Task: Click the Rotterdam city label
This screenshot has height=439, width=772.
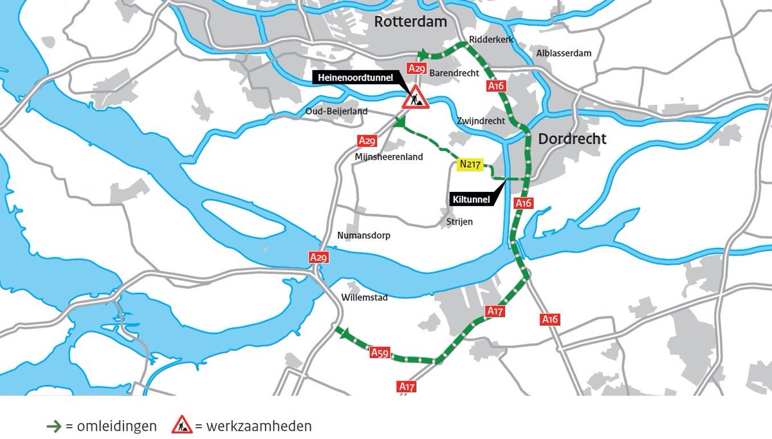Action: click(410, 22)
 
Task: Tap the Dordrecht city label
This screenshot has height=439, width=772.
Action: click(572, 138)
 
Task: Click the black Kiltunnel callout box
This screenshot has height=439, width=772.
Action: click(470, 200)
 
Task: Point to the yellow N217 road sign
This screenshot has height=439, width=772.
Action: click(470, 164)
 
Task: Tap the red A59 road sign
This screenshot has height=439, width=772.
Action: click(380, 352)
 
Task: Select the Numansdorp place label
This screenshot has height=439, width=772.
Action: click(363, 236)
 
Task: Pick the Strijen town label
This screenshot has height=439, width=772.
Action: click(459, 222)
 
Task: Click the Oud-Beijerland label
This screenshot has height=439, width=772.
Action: click(336, 111)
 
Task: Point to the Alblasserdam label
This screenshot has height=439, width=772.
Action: click(564, 53)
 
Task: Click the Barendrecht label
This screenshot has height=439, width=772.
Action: click(454, 73)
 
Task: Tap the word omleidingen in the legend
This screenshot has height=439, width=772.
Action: click(116, 426)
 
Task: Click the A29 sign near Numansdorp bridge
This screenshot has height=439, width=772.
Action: click(318, 257)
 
